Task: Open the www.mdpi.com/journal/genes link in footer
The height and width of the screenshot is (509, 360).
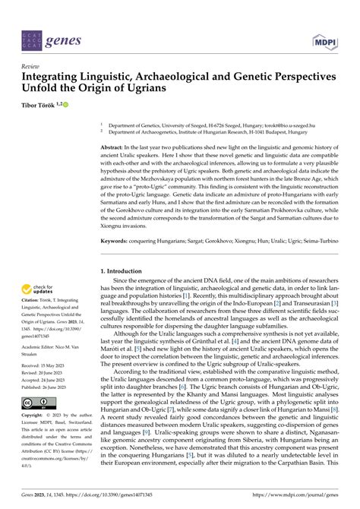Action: click(x=302, y=495)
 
